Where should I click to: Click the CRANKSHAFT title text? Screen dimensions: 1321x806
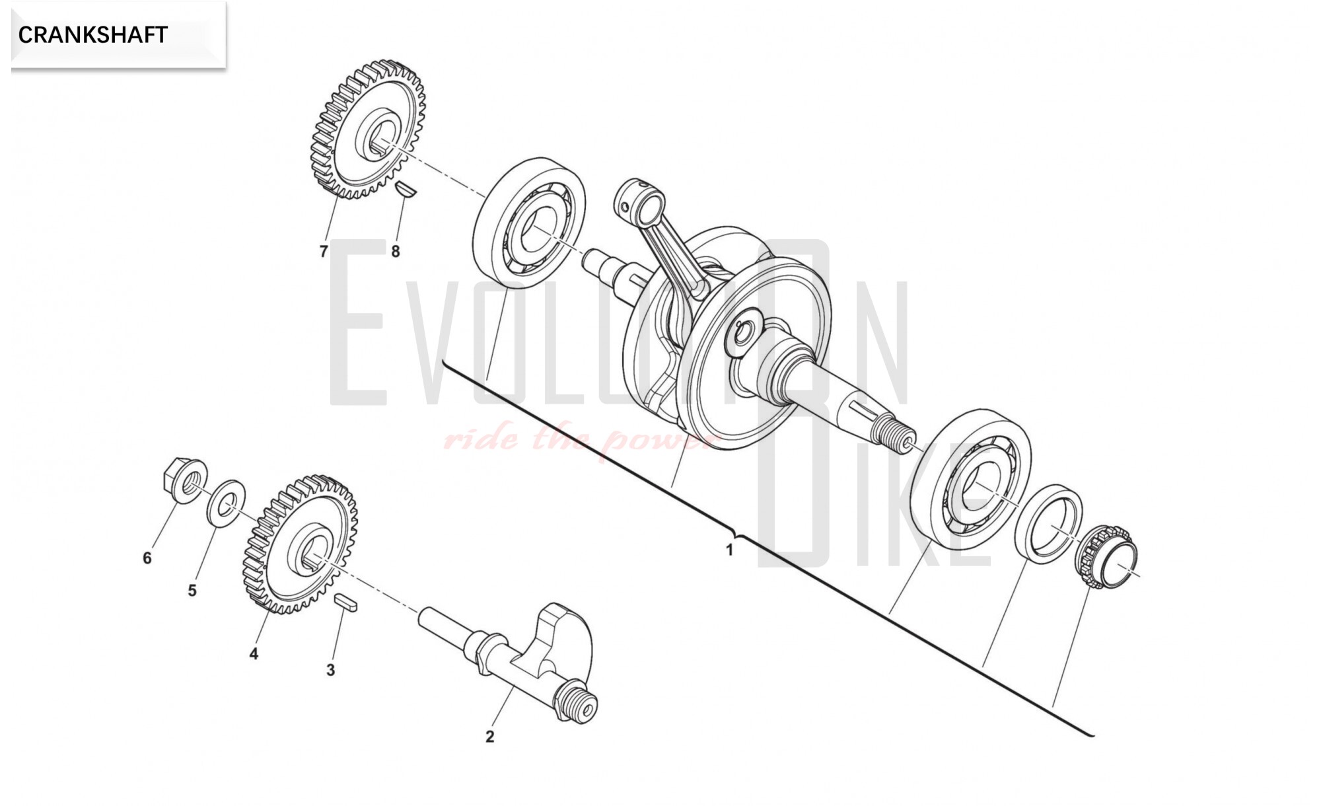(x=92, y=35)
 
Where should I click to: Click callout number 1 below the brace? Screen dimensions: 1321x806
(x=729, y=550)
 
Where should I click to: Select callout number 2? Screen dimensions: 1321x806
(x=489, y=737)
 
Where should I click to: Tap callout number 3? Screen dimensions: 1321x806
(x=330, y=670)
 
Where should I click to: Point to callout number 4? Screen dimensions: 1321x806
(x=254, y=654)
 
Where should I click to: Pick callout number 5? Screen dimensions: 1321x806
(x=192, y=590)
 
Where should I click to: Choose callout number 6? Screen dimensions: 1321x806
(x=147, y=558)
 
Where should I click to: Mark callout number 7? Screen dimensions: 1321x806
(x=323, y=252)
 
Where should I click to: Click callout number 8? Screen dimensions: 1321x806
(x=395, y=252)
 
